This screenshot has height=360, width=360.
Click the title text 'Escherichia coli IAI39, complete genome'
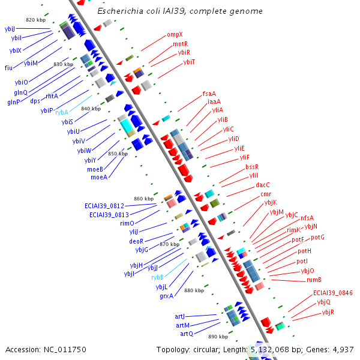point(179,11)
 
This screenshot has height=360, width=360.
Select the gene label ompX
point(174,35)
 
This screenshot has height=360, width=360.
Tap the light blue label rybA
point(62,112)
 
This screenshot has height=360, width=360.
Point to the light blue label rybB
point(157,277)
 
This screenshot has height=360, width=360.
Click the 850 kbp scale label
point(118,154)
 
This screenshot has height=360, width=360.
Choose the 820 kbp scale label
point(35,20)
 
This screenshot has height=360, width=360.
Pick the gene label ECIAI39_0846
point(332,293)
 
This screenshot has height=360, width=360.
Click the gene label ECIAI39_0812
point(104,206)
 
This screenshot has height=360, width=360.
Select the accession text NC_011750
point(46,349)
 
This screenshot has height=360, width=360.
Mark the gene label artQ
point(187,334)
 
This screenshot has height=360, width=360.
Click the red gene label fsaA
point(209,93)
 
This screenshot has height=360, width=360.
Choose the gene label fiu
point(8,68)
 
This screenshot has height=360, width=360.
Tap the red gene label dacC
point(263,185)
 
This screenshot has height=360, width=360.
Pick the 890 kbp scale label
point(218,337)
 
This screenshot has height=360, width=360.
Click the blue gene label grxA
point(166,296)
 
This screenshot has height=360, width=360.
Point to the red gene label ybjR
point(328,312)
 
